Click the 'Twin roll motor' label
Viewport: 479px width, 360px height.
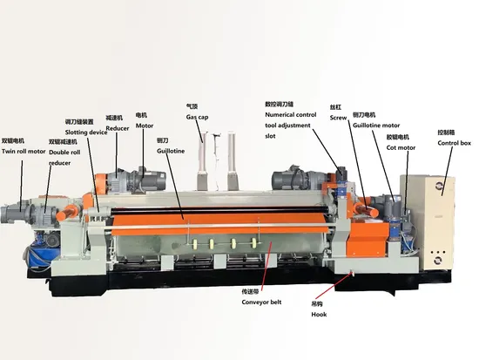click(x=24, y=152)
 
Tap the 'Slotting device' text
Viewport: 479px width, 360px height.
click(x=86, y=132)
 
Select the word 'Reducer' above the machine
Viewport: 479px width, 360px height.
click(x=118, y=128)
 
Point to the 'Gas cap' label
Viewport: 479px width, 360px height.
click(x=197, y=117)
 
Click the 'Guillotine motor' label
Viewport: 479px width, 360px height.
click(x=376, y=126)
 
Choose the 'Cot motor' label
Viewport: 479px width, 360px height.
click(x=401, y=147)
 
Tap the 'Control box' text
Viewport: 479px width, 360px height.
click(x=455, y=143)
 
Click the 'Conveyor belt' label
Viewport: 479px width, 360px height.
click(x=261, y=302)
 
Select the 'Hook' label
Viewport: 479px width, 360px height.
click(x=319, y=315)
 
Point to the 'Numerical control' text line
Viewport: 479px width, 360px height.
click(x=291, y=115)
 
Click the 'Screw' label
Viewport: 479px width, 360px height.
click(x=338, y=118)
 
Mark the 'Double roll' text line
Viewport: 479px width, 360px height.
click(x=64, y=153)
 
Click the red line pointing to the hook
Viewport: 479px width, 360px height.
click(x=334, y=285)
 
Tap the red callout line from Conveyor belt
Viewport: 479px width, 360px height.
click(x=266, y=264)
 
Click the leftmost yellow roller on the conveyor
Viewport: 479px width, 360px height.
click(x=194, y=244)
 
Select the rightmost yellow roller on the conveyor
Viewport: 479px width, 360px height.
click(x=253, y=243)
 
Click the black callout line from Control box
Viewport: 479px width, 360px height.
click(x=448, y=171)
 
